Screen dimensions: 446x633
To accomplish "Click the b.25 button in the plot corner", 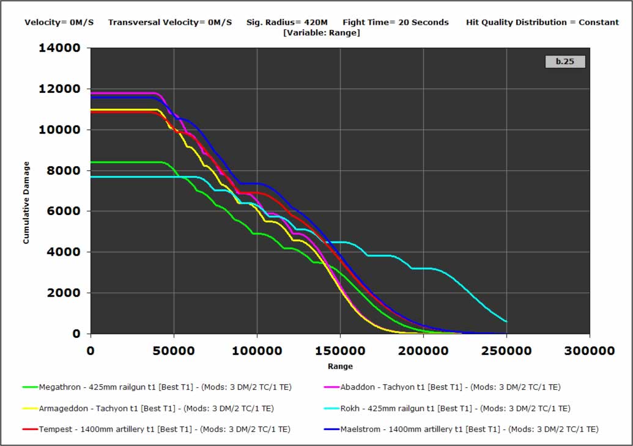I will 565,62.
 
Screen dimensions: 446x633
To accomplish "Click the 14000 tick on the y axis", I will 60,48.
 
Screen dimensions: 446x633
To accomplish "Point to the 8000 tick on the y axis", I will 64,170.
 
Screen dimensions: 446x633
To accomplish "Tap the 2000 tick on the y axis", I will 64,293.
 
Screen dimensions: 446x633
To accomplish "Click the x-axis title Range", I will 340,367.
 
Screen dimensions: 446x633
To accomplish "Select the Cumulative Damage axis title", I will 26,203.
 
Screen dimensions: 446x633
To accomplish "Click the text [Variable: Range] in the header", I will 322,33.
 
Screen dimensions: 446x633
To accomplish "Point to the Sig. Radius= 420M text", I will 287,23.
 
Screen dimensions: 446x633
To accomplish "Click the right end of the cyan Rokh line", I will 506,321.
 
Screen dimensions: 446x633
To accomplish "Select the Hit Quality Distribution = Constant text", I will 542,23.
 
